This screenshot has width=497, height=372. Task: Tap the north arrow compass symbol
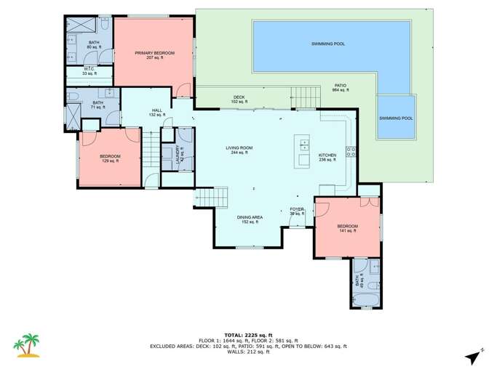[474, 355]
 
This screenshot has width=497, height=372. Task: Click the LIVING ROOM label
[239, 150]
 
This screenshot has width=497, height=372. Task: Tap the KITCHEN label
[327, 157]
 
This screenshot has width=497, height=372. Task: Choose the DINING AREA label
[250, 219]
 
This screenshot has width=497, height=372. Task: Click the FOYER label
[297, 211]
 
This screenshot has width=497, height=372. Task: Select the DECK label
[239, 99]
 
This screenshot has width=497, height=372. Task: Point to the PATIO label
[341, 87]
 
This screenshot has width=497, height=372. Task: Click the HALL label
[156, 113]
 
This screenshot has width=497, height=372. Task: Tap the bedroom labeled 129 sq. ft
[110, 158]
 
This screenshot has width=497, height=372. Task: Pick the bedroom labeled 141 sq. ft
[347, 229]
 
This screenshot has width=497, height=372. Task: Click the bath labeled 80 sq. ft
[94, 45]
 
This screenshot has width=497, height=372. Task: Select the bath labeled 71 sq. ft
[98, 105]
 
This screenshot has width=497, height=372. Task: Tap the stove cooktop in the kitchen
[351, 152]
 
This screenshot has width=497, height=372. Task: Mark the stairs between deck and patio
[306, 96]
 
